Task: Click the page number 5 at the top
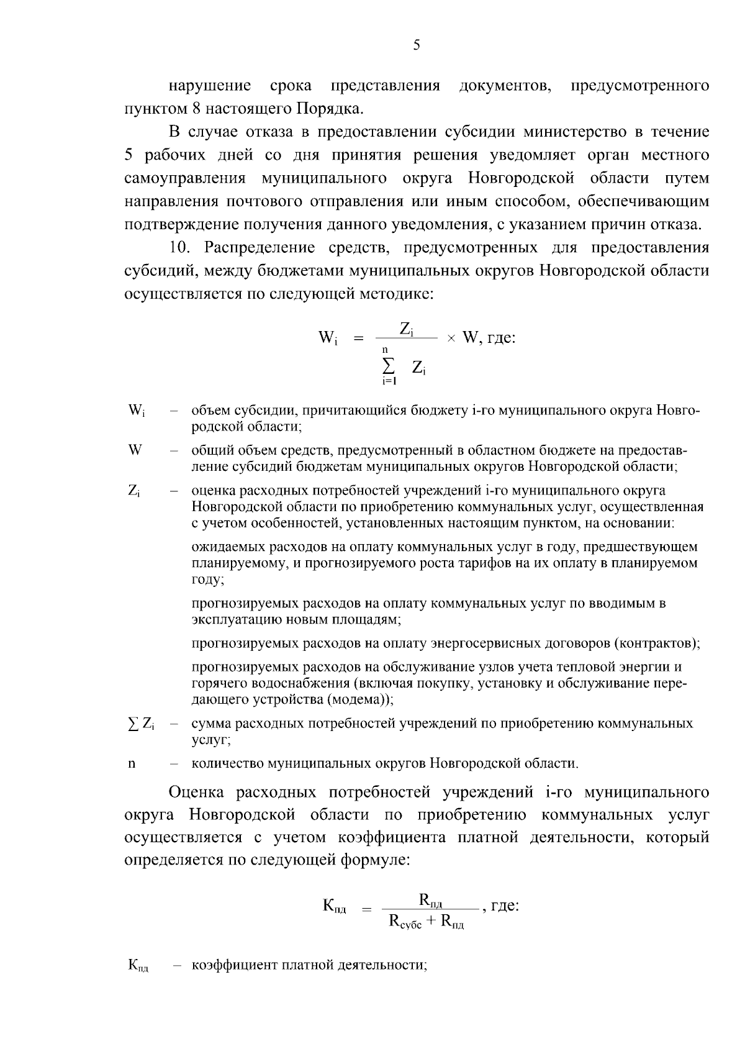tap(417, 45)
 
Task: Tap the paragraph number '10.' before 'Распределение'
tap(183, 248)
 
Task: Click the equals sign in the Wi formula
tap(357, 338)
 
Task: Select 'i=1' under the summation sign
tap(389, 381)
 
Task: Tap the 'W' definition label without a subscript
tap(135, 450)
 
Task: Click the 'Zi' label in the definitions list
tap(134, 491)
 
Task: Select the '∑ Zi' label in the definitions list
tap(140, 724)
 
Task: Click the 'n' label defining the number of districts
tap(132, 764)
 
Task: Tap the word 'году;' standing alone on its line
tap(207, 580)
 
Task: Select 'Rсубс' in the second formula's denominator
tap(405, 922)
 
